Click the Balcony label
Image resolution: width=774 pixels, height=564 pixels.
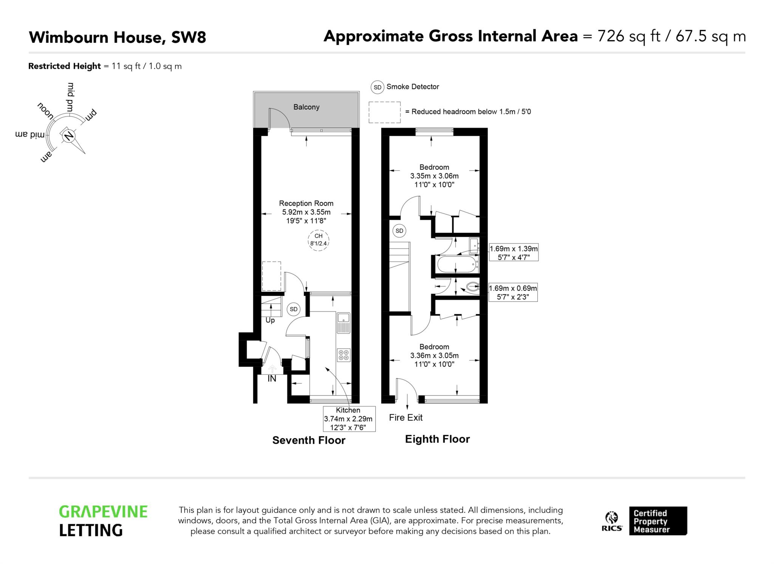306,107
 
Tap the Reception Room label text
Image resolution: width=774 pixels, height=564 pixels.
306,203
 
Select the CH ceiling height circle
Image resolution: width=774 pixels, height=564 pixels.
318,240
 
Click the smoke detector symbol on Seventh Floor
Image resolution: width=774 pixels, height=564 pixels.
294,309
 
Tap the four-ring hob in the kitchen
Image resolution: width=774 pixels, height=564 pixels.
344,355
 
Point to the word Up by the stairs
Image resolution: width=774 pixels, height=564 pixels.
270,320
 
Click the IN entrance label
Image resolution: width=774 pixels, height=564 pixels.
272,378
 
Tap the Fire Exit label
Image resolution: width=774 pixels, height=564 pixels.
406,417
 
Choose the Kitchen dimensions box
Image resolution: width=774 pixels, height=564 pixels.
348,419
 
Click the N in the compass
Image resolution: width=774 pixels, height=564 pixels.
69,136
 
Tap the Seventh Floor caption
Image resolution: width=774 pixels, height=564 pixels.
309,440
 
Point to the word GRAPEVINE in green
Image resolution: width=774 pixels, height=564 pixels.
103,512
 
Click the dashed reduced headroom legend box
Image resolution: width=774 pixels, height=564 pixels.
384,112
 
